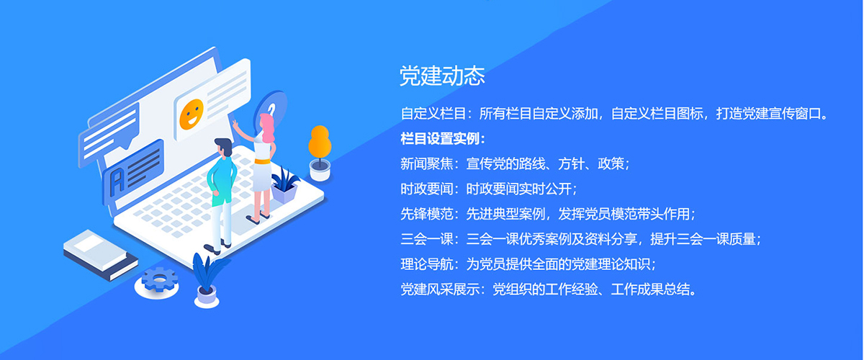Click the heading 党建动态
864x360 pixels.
point(442,76)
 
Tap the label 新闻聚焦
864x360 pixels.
point(426,163)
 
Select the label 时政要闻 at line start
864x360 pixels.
point(426,189)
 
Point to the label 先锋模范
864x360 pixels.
point(426,214)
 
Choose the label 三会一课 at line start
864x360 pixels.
point(426,239)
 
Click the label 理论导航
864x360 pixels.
point(426,264)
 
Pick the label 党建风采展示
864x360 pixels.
point(440,289)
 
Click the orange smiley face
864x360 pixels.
point(192,114)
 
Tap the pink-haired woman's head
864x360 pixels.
point(266,125)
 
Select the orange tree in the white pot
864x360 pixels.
point(320,153)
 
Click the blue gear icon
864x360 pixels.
point(159,279)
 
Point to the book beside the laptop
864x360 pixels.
point(100,255)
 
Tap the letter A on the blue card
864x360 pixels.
point(117,181)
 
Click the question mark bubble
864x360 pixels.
point(272,109)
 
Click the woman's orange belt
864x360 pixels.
point(263,162)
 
